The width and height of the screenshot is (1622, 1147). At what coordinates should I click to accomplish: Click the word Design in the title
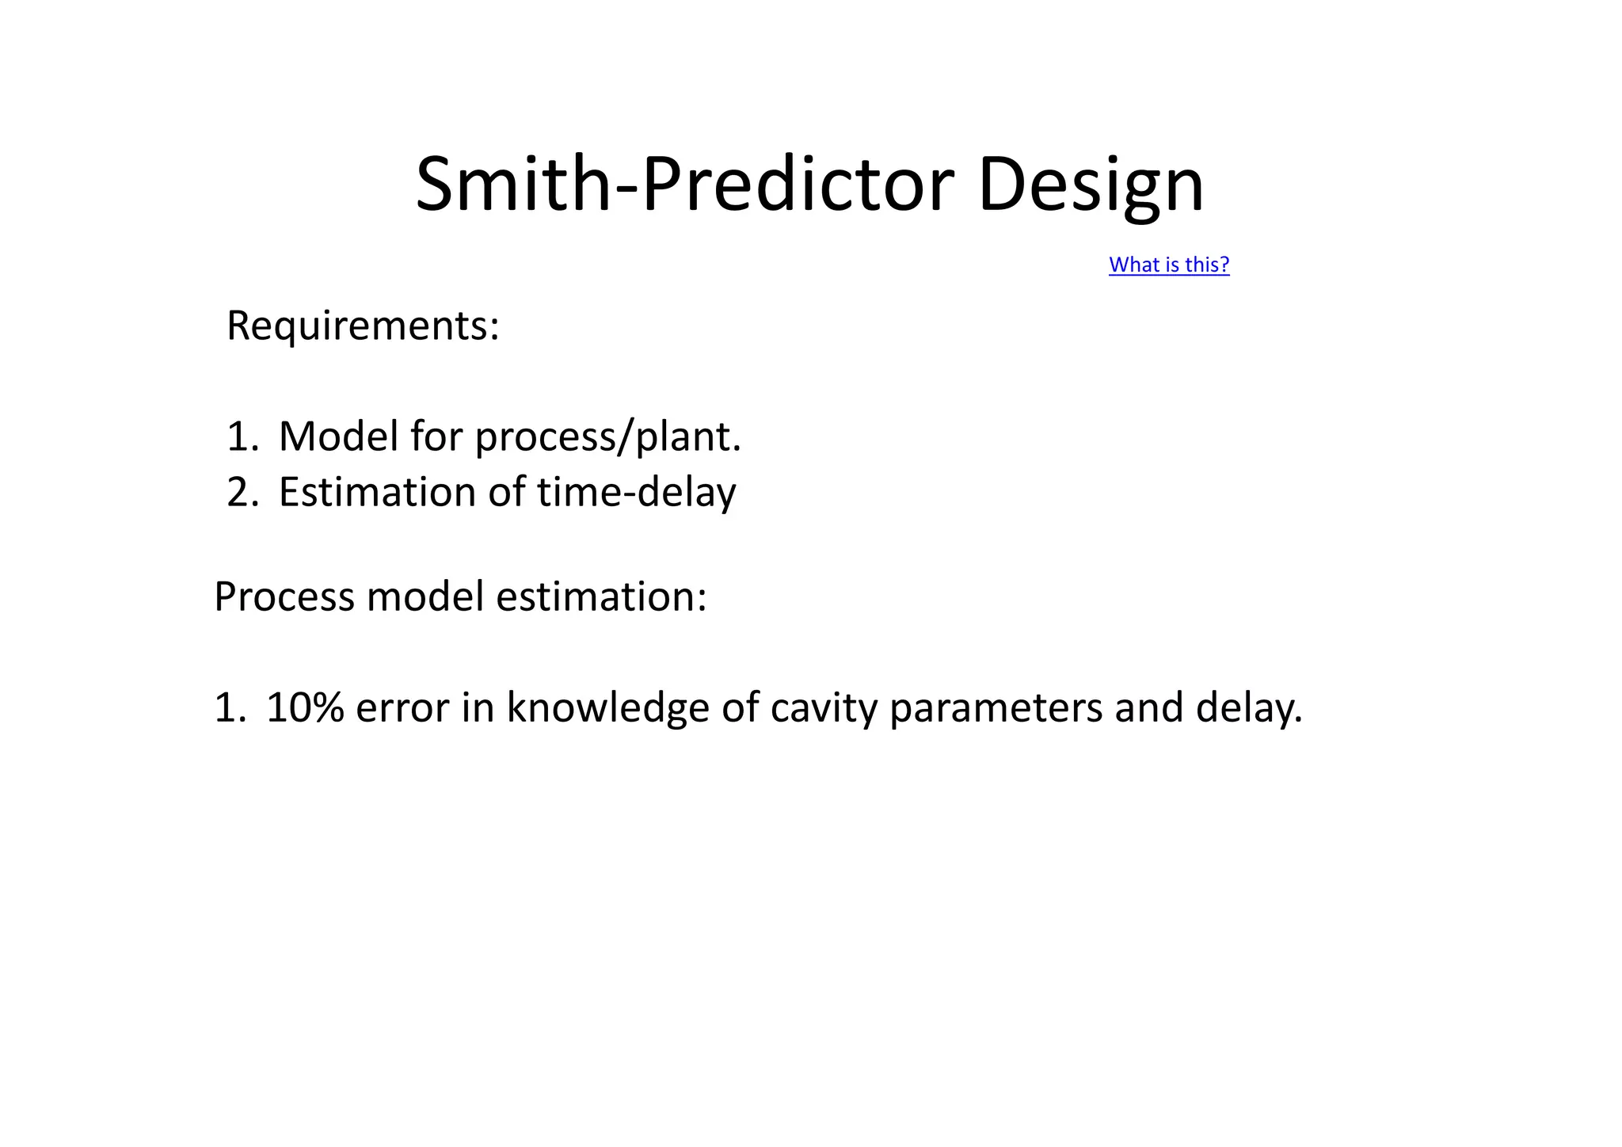coord(1091,185)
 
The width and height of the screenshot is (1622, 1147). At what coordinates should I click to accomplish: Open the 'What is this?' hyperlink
coord(1168,265)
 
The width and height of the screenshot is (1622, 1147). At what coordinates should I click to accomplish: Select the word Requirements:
coord(363,326)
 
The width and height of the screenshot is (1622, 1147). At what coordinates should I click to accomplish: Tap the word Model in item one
coord(338,436)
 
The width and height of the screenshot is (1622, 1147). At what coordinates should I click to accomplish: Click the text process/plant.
coord(607,436)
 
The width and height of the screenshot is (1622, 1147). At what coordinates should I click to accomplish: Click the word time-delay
coord(636,492)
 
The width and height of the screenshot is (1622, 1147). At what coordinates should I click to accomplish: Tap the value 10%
coord(304,707)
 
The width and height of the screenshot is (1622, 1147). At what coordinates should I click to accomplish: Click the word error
coord(402,707)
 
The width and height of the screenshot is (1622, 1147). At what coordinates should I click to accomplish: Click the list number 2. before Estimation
coord(242,492)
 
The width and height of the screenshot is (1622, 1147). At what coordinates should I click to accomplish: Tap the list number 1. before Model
coord(242,436)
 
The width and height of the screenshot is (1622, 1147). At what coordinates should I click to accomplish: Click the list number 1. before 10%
coord(230,707)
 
